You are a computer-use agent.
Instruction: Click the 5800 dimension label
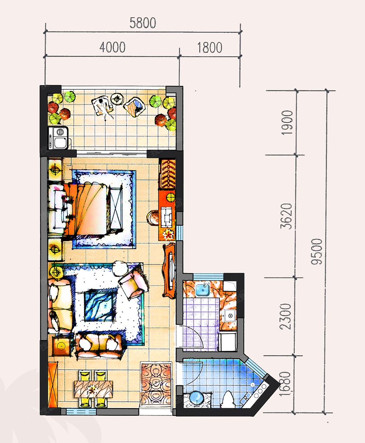143,23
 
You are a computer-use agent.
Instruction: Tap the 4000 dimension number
112,47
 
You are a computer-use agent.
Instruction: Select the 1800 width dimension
209,48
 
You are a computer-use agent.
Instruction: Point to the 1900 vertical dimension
287,123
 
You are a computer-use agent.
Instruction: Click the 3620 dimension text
286,216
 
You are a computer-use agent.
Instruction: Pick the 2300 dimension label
286,317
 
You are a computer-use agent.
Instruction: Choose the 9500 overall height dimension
317,252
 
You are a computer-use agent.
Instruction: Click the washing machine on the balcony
58,138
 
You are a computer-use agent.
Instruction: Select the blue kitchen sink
203,289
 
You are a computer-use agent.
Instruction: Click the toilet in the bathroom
228,400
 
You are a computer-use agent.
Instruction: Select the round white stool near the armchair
120,268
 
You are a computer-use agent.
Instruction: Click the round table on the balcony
117,99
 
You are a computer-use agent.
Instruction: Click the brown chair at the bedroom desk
153,217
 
